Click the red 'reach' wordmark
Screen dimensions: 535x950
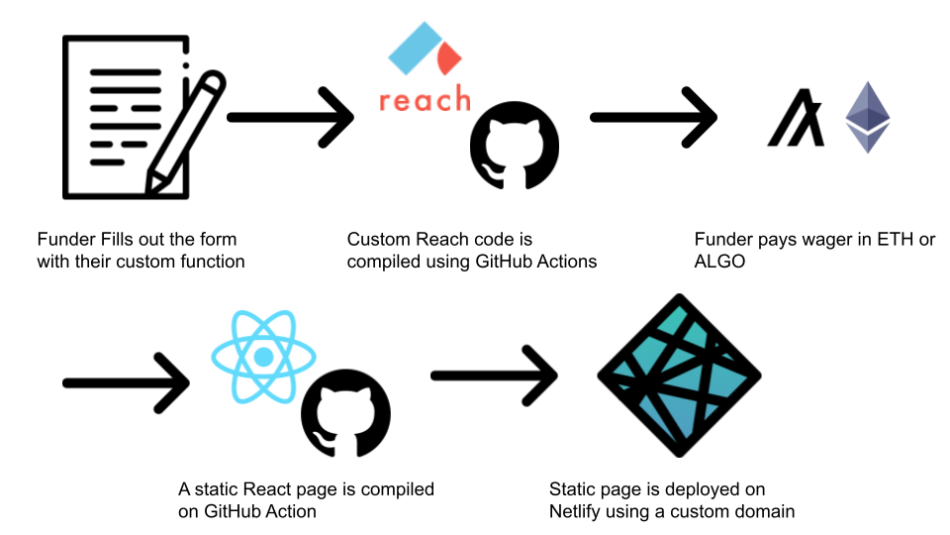[x=425, y=100]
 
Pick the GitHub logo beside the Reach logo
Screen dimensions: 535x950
[x=514, y=148]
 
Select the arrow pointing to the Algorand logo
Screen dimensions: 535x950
[x=653, y=118]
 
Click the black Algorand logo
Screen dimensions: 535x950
[x=796, y=118]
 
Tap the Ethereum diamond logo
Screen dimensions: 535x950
[x=868, y=117]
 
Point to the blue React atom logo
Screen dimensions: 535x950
[x=263, y=356]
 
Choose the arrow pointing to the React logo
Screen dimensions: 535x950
[x=125, y=380]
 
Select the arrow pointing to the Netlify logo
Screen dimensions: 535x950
[x=494, y=375]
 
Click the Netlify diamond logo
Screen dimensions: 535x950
[x=679, y=375]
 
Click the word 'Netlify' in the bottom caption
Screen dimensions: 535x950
[x=577, y=511]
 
